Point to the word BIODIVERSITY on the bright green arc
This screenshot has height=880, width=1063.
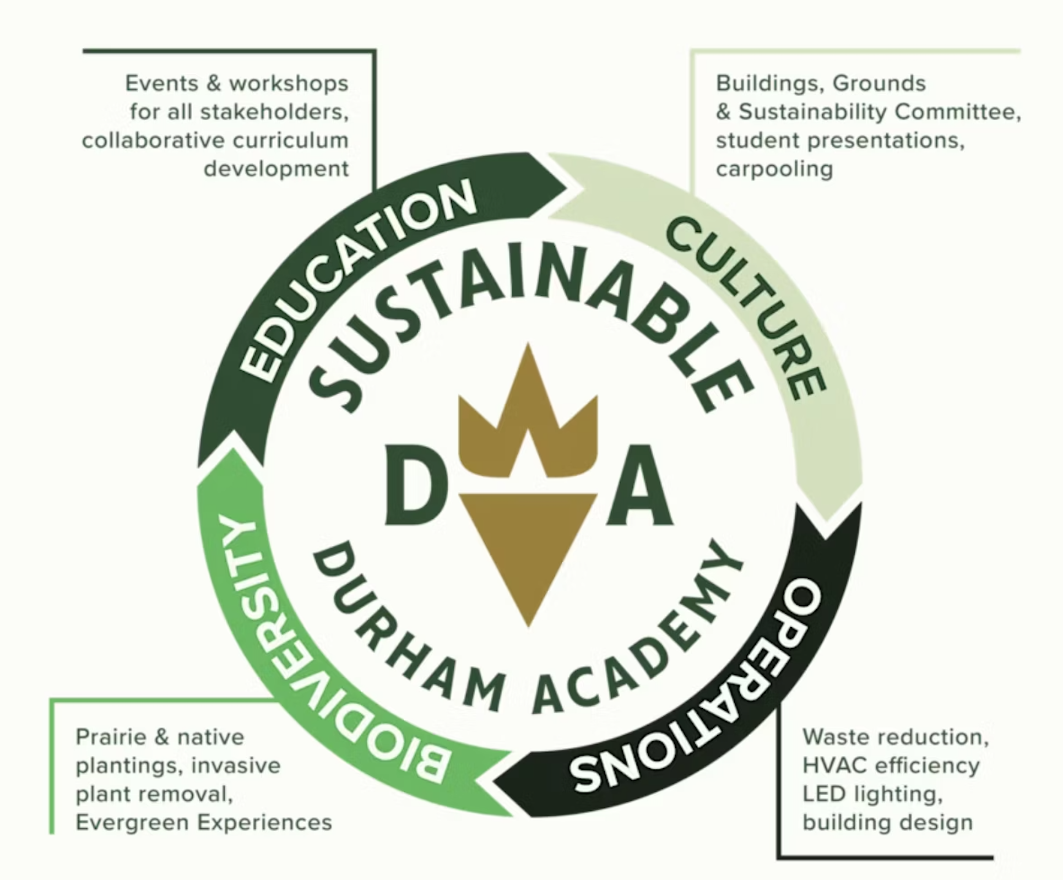pos(308,661)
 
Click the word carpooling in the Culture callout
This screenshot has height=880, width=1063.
pos(774,169)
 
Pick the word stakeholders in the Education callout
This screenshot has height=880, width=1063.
pos(274,112)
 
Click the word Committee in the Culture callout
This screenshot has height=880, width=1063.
pos(957,112)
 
